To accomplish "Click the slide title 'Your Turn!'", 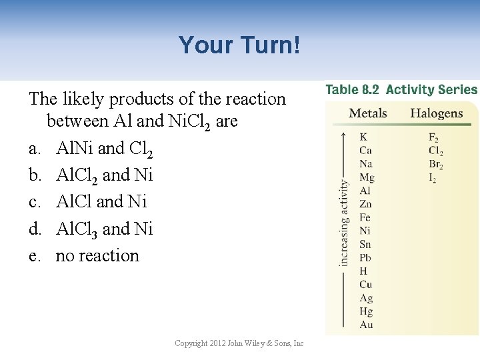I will (240, 45).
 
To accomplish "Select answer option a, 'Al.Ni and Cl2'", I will (105, 148).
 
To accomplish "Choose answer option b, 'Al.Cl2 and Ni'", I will (105, 175).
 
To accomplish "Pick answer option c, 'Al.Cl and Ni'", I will (101, 201).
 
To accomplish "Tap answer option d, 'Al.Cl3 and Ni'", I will (105, 229).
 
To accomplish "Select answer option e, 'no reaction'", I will (97, 255).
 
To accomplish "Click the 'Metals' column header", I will (368, 113).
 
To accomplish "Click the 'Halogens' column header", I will (436, 113).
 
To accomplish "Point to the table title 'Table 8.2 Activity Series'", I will (401, 89).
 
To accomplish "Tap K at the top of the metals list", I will (363, 137).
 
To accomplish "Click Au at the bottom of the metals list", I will (366, 325).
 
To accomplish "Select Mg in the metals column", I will (367, 177).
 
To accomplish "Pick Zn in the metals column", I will (365, 204).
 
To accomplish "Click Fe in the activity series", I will (365, 217).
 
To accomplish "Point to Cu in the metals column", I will (366, 285).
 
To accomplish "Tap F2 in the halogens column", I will (433, 138).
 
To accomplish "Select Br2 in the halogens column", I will (436, 165).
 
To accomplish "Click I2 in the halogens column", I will (432, 178).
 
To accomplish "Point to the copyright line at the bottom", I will (239, 343).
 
